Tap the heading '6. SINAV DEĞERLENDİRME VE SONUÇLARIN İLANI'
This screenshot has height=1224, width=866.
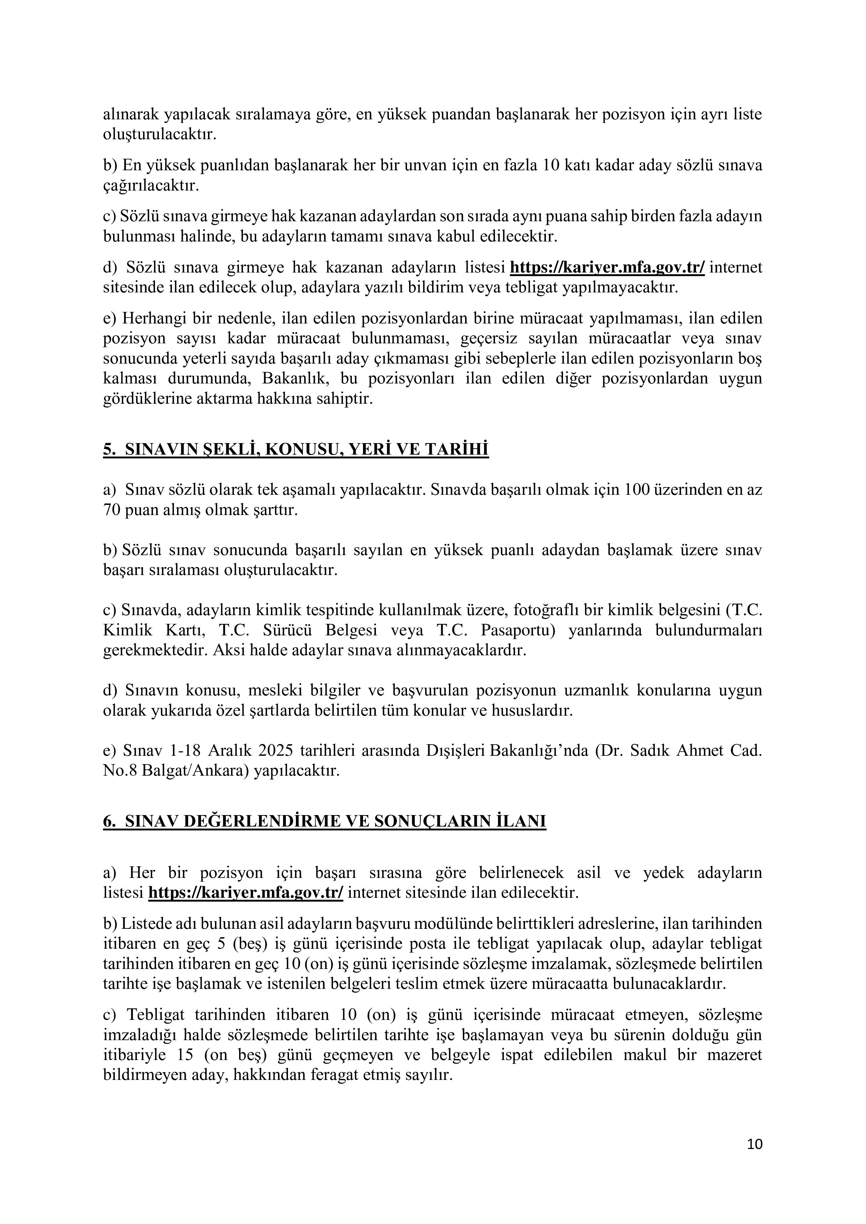point(325,821)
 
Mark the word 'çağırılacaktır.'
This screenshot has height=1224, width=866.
point(151,186)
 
